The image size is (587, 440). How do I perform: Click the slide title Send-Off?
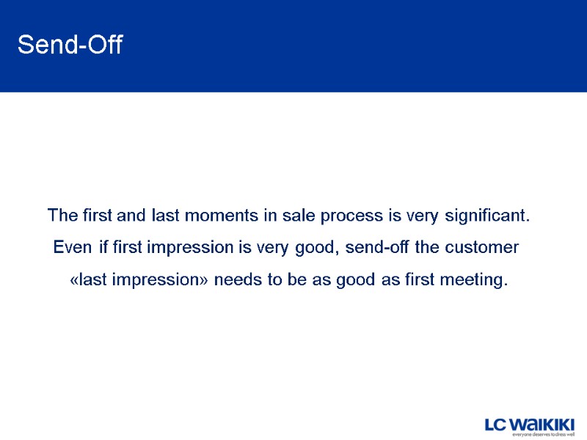pyautogui.click(x=70, y=45)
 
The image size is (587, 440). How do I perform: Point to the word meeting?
pyautogui.click(x=473, y=279)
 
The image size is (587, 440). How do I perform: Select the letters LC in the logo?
pyautogui.click(x=496, y=425)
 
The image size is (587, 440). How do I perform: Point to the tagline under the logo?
pyautogui.click(x=543, y=434)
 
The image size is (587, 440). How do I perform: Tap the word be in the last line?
pyautogui.click(x=293, y=279)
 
